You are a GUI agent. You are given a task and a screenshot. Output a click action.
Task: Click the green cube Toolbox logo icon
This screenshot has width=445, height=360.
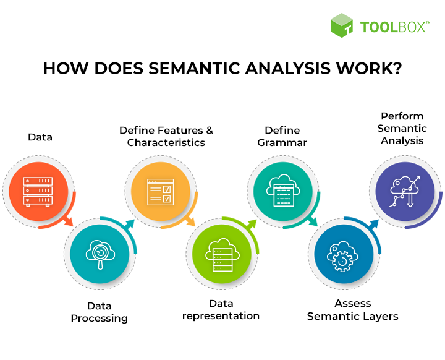point(342,25)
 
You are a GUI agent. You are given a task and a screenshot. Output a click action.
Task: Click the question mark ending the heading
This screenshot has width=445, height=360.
point(396,68)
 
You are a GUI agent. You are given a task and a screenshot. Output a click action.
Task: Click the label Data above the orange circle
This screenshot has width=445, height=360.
point(40,137)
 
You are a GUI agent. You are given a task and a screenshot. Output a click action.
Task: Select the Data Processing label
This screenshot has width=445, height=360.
point(99,312)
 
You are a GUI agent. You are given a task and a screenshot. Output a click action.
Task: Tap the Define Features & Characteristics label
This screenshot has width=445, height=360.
point(166,137)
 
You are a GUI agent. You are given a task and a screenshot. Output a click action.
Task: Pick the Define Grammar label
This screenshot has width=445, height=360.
point(282,137)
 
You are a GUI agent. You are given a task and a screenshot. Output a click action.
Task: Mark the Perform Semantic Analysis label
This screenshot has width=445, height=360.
point(402,128)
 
